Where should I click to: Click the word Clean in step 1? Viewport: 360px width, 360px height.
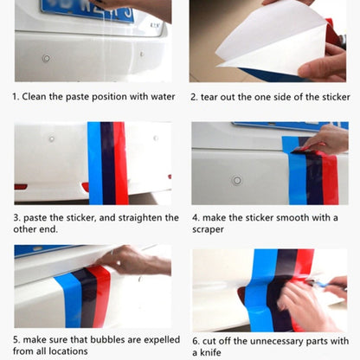(39, 96)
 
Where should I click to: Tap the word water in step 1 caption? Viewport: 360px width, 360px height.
(159, 96)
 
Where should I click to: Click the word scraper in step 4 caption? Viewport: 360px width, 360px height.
(208, 230)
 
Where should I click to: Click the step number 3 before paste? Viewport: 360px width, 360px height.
(16, 218)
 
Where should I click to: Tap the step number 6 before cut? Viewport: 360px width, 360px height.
(195, 341)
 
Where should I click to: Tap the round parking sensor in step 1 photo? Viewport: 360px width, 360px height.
(45, 58)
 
